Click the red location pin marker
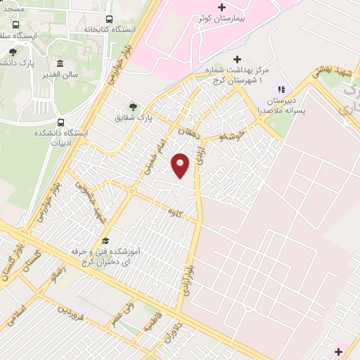181,165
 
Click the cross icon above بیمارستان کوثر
222,6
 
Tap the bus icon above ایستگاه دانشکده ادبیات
60,121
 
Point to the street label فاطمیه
152,322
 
